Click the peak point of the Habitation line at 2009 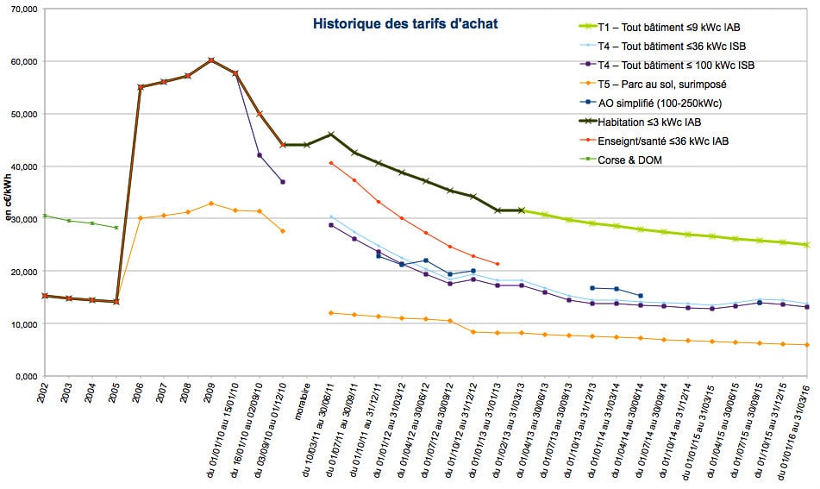coord(211,60)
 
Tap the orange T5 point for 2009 coord(211,204)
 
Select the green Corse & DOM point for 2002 coord(45,216)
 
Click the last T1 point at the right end coord(807,245)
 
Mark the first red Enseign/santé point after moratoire coord(331,163)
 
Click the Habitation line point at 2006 coord(141,87)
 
